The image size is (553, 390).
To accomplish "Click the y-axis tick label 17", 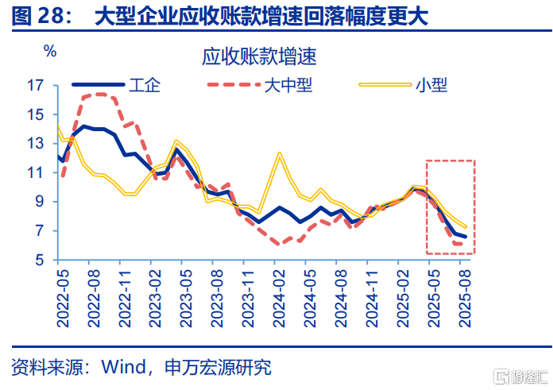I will (37, 85).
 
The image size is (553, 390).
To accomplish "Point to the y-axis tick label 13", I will (37, 144).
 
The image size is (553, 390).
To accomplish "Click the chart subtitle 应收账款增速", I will (259, 57).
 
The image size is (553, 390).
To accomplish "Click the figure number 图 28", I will (39, 17).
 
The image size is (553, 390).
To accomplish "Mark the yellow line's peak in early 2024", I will (280, 153).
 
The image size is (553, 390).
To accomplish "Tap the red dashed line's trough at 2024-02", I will (280, 244).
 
